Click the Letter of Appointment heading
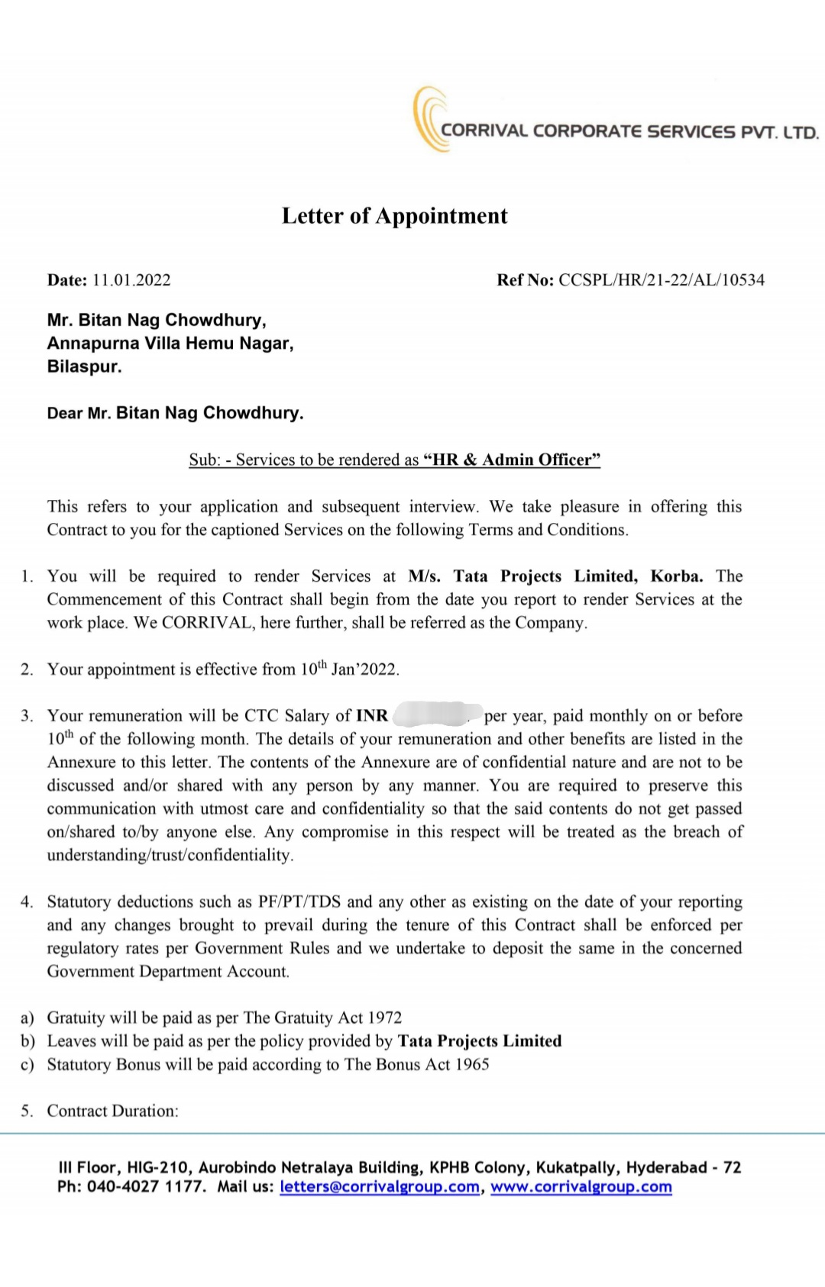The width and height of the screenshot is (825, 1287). click(x=394, y=216)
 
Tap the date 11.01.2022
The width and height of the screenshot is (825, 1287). click(x=131, y=280)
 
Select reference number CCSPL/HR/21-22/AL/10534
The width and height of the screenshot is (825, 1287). click(x=662, y=280)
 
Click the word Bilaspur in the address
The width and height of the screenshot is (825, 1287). click(x=84, y=366)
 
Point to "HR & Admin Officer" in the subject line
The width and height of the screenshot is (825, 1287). click(x=512, y=460)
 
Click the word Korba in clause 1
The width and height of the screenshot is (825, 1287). click(x=676, y=576)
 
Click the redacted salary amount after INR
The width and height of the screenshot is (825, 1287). click(x=436, y=715)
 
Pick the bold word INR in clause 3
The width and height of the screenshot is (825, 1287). click(x=372, y=716)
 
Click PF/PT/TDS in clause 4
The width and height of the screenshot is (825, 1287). click(x=299, y=902)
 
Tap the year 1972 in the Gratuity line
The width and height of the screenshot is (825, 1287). click(x=384, y=1018)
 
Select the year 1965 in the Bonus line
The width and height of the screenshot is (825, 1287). click(x=472, y=1064)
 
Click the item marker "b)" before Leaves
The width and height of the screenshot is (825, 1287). click(x=27, y=1041)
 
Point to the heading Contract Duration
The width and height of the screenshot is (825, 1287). click(x=112, y=1111)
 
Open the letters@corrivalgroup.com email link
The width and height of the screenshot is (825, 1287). click(x=380, y=1187)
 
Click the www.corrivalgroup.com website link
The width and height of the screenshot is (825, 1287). click(x=581, y=1187)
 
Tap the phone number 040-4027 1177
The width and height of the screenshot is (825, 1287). click(x=145, y=1187)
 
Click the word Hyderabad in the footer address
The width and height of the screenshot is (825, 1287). click(x=667, y=1167)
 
